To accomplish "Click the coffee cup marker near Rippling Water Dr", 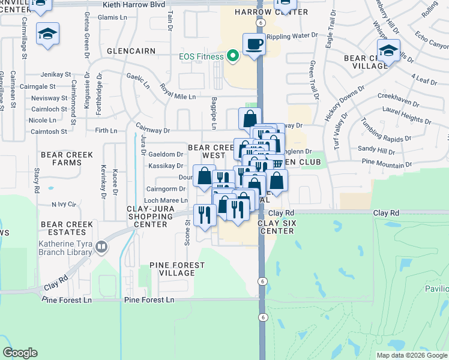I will (x=254, y=43).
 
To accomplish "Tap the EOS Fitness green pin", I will (x=232, y=57).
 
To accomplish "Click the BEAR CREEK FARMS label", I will (x=67, y=158).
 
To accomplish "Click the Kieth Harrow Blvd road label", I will (x=125, y=4).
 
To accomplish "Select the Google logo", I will (x=20, y=353).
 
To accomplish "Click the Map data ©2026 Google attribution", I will (x=412, y=355).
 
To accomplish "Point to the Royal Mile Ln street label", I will (x=178, y=91).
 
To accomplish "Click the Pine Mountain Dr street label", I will (x=391, y=163).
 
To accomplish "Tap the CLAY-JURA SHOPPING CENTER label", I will (x=138, y=216).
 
